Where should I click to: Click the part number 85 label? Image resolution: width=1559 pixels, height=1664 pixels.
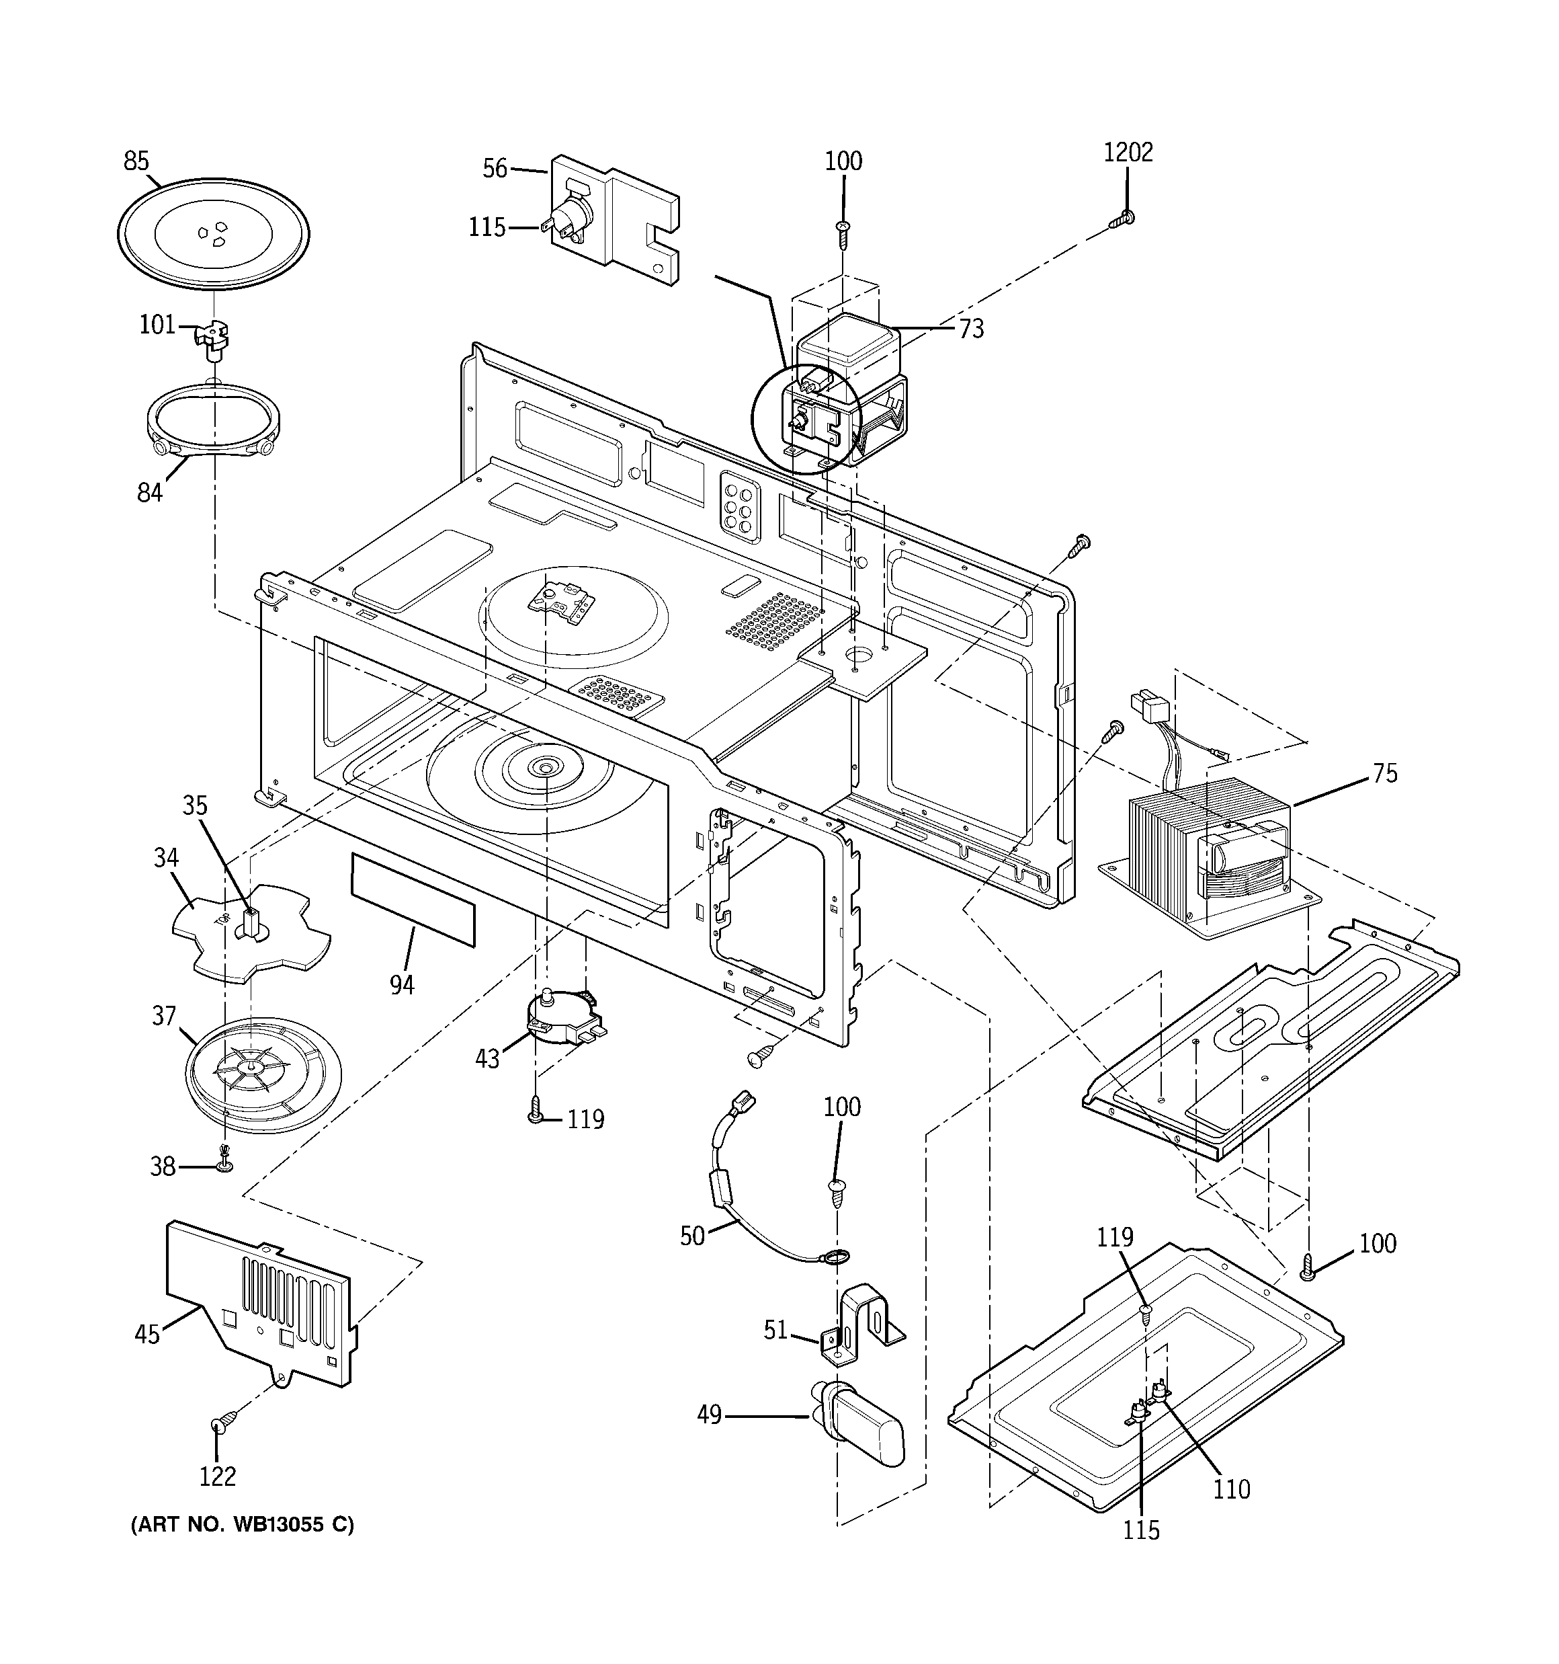(136, 161)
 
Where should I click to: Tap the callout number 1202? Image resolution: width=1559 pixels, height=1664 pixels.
(1127, 153)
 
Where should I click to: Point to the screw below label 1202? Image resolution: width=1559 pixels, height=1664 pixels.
(1122, 219)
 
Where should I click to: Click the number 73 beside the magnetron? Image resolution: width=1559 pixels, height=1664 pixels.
(971, 329)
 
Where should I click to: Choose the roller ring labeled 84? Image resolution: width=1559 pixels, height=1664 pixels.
(214, 418)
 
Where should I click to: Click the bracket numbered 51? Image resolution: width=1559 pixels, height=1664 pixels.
(862, 1322)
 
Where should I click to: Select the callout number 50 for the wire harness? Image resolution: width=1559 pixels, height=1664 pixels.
(692, 1236)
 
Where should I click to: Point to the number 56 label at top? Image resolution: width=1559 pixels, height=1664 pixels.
(495, 168)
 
